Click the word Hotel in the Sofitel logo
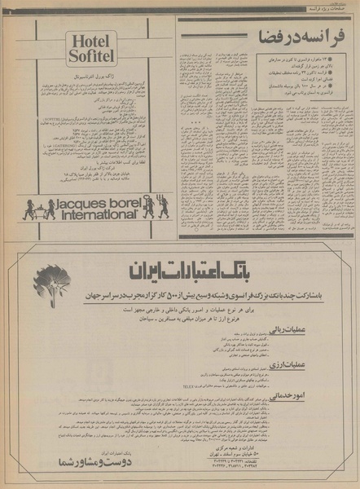[91, 41]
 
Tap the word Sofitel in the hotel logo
[91, 56]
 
